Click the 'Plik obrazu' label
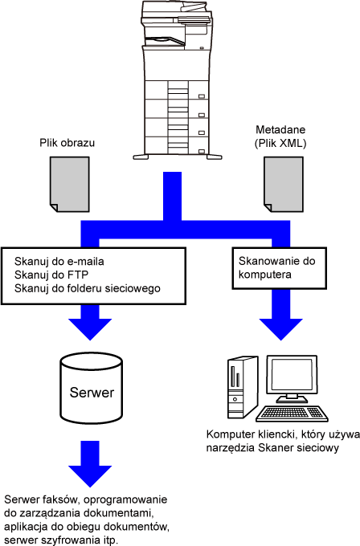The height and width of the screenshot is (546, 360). click(x=67, y=143)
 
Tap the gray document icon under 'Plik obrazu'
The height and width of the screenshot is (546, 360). click(x=70, y=184)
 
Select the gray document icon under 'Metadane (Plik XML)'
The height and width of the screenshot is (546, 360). click(x=284, y=184)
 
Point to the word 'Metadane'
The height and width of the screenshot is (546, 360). click(x=280, y=129)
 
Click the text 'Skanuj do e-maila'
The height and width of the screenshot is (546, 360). click(x=59, y=261)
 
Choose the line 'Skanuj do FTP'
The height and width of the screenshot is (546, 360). click(x=51, y=275)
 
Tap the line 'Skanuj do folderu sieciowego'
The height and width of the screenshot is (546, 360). click(x=88, y=288)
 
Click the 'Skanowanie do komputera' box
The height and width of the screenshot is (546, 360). click(x=280, y=268)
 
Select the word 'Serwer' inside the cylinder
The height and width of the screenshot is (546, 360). click(x=92, y=393)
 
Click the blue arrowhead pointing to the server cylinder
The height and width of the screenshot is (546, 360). click(x=90, y=329)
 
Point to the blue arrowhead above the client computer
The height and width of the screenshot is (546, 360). click(x=281, y=329)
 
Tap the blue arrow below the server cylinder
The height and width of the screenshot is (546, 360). click(x=90, y=464)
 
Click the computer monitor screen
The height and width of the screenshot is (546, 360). click(x=292, y=376)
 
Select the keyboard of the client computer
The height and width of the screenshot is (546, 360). click(x=292, y=414)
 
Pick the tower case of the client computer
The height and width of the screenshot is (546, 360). click(x=243, y=387)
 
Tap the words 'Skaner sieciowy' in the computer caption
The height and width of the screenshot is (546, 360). click(x=298, y=448)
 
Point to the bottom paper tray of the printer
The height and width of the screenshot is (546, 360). click(x=178, y=145)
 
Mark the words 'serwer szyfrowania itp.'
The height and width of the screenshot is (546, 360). click(x=61, y=540)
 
